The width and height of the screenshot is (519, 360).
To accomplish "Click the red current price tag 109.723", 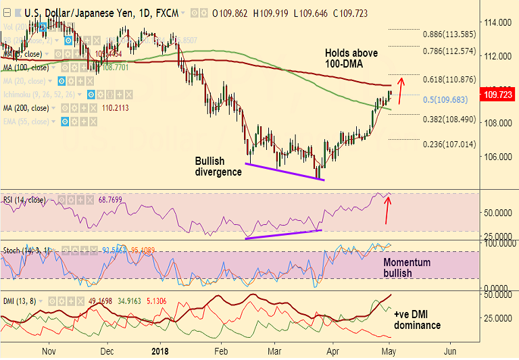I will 497,96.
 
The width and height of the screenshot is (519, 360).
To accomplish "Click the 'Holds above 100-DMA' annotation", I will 351,59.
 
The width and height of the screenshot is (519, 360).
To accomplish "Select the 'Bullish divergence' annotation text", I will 218,166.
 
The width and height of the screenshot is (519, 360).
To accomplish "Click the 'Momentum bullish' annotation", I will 407,267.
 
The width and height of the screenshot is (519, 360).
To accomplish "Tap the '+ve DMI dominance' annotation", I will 416,319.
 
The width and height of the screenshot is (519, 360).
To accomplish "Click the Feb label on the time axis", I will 220,351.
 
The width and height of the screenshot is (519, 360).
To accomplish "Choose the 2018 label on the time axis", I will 160,351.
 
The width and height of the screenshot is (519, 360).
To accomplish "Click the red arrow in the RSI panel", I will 387,210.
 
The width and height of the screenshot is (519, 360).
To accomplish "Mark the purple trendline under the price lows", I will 285,172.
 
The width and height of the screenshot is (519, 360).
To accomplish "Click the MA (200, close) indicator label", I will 26,108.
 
